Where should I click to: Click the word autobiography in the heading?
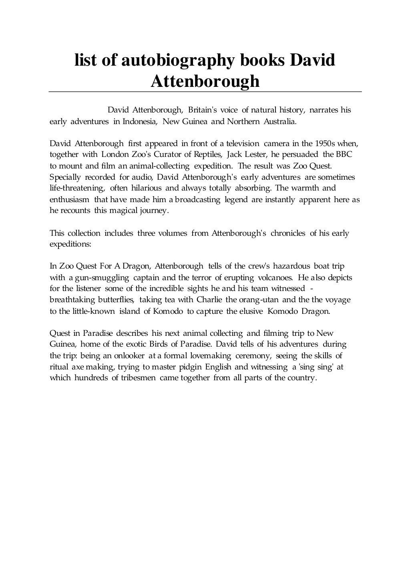coord(178,61)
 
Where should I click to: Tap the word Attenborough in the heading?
coord(205,81)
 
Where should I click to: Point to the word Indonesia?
coord(140,121)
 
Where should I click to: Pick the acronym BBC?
coord(344,155)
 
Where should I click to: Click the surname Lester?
coord(249,155)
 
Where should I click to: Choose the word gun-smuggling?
coord(102,277)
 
